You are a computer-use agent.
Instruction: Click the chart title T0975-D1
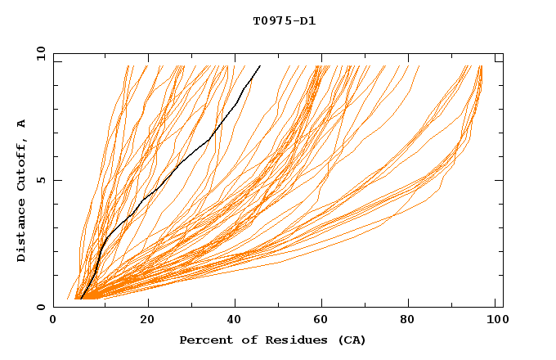pos(284,21)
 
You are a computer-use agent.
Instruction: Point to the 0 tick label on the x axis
pos(53,321)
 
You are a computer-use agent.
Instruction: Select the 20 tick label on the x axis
pos(147,321)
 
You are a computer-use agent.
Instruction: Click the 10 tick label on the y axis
pos(40,53)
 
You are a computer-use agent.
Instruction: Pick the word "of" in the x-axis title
pos(243,340)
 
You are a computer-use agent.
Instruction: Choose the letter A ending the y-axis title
pos(22,124)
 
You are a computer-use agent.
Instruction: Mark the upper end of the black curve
pos(260,65)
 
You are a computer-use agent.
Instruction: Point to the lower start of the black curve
pos(82,299)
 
